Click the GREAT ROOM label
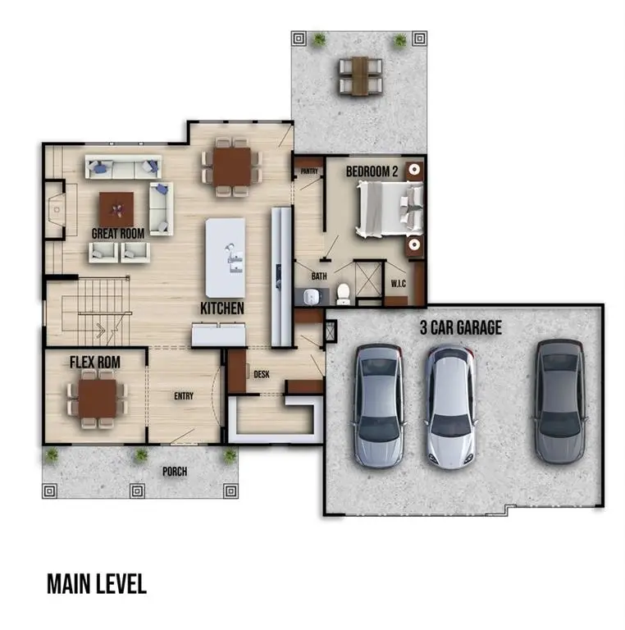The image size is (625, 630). click(x=117, y=234)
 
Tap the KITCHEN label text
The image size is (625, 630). click(x=222, y=308)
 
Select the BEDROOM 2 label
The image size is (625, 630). click(x=372, y=171)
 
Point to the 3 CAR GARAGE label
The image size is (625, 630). click(x=461, y=327)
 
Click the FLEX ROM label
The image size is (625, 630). click(x=95, y=362)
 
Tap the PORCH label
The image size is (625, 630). click(x=175, y=472)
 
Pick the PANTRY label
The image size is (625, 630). click(x=309, y=171)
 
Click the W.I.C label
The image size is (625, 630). click(x=399, y=284)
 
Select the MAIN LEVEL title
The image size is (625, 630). click(x=97, y=584)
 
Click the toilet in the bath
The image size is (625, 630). click(x=343, y=294)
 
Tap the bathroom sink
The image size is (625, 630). click(x=311, y=296)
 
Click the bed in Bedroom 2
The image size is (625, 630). click(x=390, y=208)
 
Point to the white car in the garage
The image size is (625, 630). click(x=450, y=406)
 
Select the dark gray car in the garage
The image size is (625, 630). click(x=560, y=400)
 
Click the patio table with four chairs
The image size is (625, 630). click(x=360, y=76)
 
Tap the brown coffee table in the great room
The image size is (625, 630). click(x=116, y=209)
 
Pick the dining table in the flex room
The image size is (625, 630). click(x=98, y=399)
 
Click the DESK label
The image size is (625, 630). click(x=262, y=374)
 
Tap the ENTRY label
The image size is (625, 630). click(x=184, y=396)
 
